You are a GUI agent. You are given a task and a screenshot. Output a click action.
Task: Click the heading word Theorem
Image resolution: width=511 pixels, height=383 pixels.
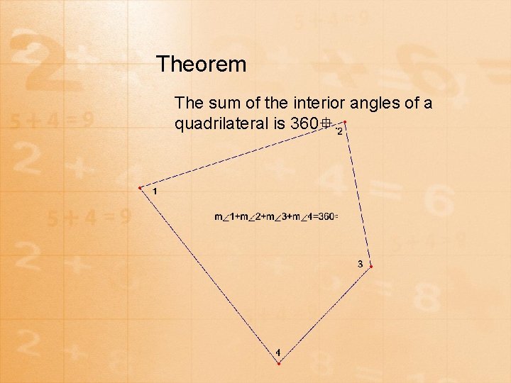click(202, 65)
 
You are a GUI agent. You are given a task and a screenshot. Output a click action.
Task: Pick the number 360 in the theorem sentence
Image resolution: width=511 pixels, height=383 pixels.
click(305, 124)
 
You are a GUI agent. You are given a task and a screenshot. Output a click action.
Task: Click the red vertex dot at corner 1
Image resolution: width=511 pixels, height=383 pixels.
click(140, 188)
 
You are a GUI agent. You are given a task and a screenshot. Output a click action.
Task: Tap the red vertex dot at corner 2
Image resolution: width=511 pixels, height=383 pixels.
click(345, 122)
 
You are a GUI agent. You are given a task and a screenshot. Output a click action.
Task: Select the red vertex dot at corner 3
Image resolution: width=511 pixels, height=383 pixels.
click(370, 267)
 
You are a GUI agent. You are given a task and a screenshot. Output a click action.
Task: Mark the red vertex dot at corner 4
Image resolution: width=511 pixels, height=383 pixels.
click(279, 363)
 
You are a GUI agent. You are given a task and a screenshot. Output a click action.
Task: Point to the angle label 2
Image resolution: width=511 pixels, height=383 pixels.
click(340, 131)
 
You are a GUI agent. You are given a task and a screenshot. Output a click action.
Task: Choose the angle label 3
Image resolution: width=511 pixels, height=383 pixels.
click(360, 264)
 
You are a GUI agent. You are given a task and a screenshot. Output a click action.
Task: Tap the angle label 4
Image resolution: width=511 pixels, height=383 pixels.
click(278, 353)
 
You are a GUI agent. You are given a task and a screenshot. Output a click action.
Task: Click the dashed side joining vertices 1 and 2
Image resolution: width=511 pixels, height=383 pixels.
click(242, 155)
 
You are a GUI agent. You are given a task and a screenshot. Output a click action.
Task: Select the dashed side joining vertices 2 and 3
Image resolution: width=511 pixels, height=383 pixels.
click(358, 194)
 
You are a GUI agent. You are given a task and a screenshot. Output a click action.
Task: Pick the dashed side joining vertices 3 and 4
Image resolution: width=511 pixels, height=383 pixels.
click(325, 315)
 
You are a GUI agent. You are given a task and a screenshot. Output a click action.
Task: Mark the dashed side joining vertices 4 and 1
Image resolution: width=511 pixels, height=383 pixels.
click(209, 275)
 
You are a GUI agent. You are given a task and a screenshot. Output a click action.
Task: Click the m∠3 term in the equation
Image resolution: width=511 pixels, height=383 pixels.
click(280, 216)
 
